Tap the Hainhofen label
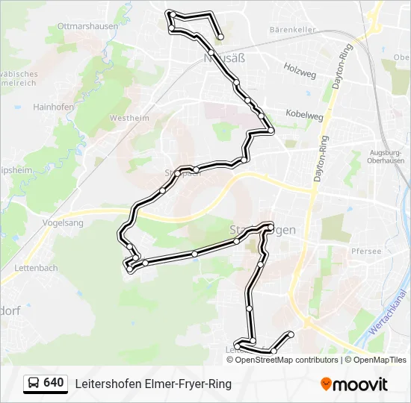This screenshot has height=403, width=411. click(x=53, y=107)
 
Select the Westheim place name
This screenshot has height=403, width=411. click(x=129, y=118)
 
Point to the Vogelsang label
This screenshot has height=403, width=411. click(x=62, y=222)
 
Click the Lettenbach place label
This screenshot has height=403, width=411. click(x=35, y=267)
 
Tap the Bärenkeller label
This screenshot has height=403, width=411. click(x=293, y=30)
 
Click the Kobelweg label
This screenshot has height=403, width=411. click(x=304, y=116)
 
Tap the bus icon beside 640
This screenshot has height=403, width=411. click(x=34, y=384)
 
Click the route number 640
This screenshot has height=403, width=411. click(x=54, y=383)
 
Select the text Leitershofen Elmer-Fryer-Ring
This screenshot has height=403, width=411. click(x=153, y=384)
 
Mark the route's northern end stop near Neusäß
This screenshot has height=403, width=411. click(x=220, y=37)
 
